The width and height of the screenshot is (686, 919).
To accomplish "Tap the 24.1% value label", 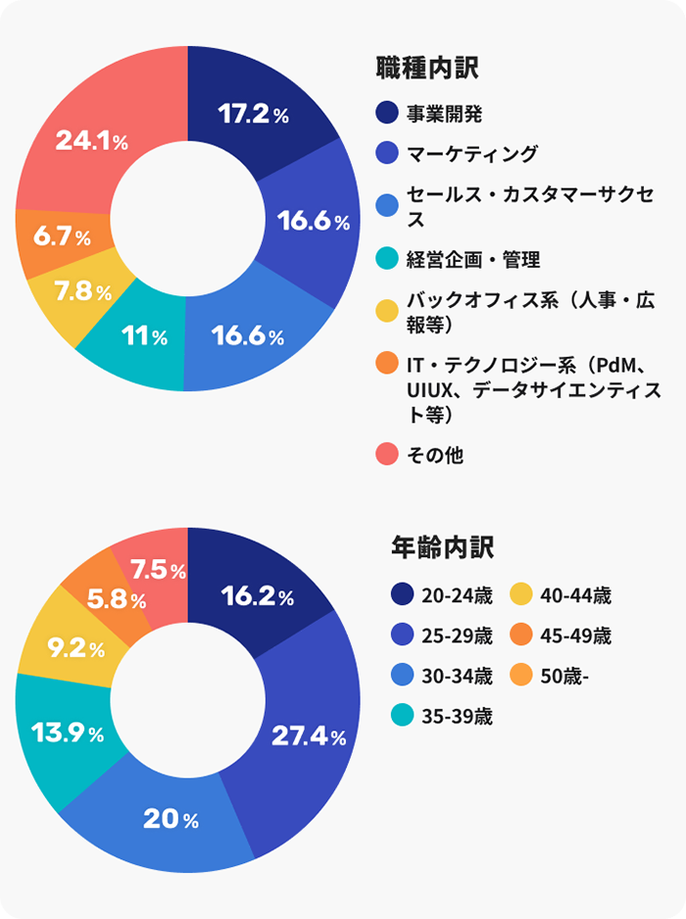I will (91, 142).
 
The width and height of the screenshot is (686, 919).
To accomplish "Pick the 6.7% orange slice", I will (61, 238).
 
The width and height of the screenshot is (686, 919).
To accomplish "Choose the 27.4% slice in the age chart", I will (309, 737).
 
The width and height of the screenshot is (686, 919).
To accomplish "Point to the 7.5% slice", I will (157, 569).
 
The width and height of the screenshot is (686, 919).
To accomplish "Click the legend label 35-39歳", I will (457, 716).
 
